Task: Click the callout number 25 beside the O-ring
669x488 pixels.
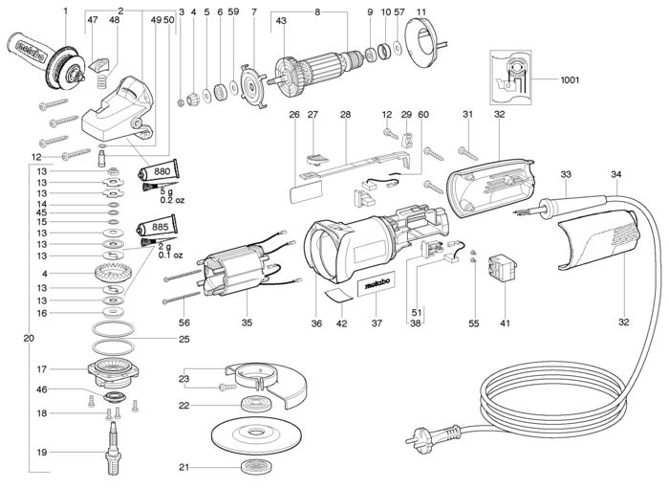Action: click(184, 339)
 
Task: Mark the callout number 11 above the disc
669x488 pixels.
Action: click(421, 11)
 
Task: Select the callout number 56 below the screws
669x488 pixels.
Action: click(184, 322)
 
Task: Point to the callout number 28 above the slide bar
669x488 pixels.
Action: click(344, 115)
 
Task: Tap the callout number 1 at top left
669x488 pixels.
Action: click(65, 11)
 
